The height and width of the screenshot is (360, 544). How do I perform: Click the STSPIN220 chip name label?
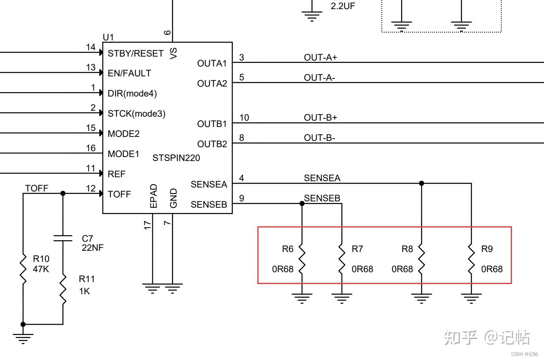pyautogui.click(x=176, y=158)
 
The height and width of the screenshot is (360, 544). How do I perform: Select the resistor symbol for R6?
pyautogui.click(x=302, y=259)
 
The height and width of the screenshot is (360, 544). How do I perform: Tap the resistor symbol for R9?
pyautogui.click(x=471, y=259)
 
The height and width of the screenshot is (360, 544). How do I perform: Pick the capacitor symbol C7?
pyautogui.click(x=63, y=238)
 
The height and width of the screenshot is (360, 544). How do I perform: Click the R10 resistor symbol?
pyautogui.click(x=23, y=269)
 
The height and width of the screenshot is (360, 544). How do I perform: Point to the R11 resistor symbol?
pyautogui.click(x=63, y=289)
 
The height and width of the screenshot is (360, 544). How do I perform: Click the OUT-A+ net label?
pyautogui.click(x=320, y=57)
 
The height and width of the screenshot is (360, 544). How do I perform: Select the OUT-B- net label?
pyautogui.click(x=319, y=138)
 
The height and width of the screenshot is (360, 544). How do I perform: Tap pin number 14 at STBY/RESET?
pyautogui.click(x=91, y=47)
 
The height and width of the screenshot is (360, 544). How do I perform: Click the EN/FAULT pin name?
pyautogui.click(x=129, y=73)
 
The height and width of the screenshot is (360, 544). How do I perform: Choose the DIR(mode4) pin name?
pyautogui.click(x=132, y=93)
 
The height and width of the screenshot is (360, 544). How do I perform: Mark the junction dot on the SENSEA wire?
pyautogui.click(x=421, y=183)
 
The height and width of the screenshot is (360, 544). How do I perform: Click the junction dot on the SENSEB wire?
pyautogui.click(x=302, y=203)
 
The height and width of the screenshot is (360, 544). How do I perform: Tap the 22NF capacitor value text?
pyautogui.click(x=93, y=248)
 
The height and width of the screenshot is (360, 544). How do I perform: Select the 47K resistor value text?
pyautogui.click(x=41, y=269)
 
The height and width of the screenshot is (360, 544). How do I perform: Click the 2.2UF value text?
pyautogui.click(x=343, y=6)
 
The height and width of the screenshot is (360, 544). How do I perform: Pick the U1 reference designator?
pyautogui.click(x=108, y=37)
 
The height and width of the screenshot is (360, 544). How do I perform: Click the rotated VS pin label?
pyautogui.click(x=173, y=53)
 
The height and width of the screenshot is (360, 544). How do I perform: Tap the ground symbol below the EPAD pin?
pyautogui.click(x=152, y=288)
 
